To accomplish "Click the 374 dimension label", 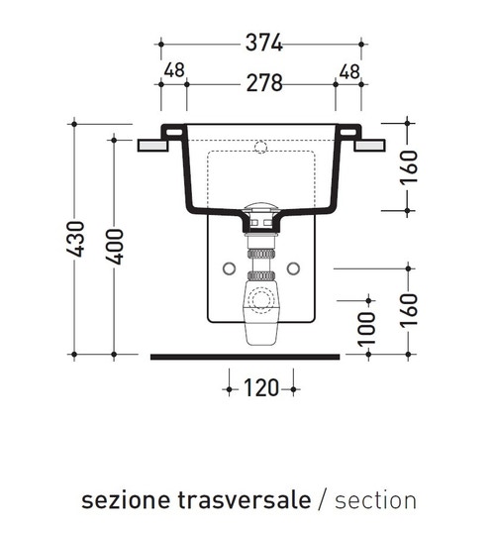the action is click(264, 43).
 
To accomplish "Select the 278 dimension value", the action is click(264, 83).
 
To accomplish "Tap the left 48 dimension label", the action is click(174, 70).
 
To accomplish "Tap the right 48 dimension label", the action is click(349, 71).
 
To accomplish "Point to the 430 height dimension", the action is click(75, 239).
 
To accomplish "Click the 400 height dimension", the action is click(114, 247).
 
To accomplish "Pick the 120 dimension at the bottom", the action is click(261, 387).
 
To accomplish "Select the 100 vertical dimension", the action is click(367, 329).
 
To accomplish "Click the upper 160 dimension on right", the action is click(408, 167).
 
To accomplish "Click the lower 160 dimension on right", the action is click(408, 311).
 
